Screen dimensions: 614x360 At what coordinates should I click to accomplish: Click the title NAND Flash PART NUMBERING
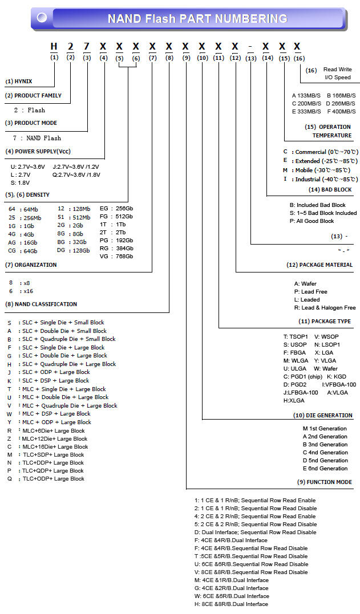(x=197, y=19)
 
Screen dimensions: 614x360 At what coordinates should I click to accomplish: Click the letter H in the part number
(x=54, y=46)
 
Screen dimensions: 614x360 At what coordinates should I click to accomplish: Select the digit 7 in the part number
(x=87, y=46)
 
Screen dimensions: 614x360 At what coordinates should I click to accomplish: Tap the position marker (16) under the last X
(x=299, y=58)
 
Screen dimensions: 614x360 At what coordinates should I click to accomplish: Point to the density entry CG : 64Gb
(x=23, y=251)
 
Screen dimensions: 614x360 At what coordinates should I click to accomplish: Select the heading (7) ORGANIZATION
(x=31, y=265)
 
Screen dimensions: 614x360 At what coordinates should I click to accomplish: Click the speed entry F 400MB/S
(x=341, y=112)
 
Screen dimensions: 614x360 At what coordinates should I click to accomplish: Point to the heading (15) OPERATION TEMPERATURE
(x=327, y=131)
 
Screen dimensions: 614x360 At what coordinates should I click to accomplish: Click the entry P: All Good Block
(x=312, y=221)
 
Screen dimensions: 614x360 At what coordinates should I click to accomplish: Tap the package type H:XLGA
(x=294, y=401)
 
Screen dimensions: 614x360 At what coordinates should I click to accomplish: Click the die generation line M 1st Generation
(x=325, y=429)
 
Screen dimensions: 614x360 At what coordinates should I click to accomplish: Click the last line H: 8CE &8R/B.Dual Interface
(x=231, y=604)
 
